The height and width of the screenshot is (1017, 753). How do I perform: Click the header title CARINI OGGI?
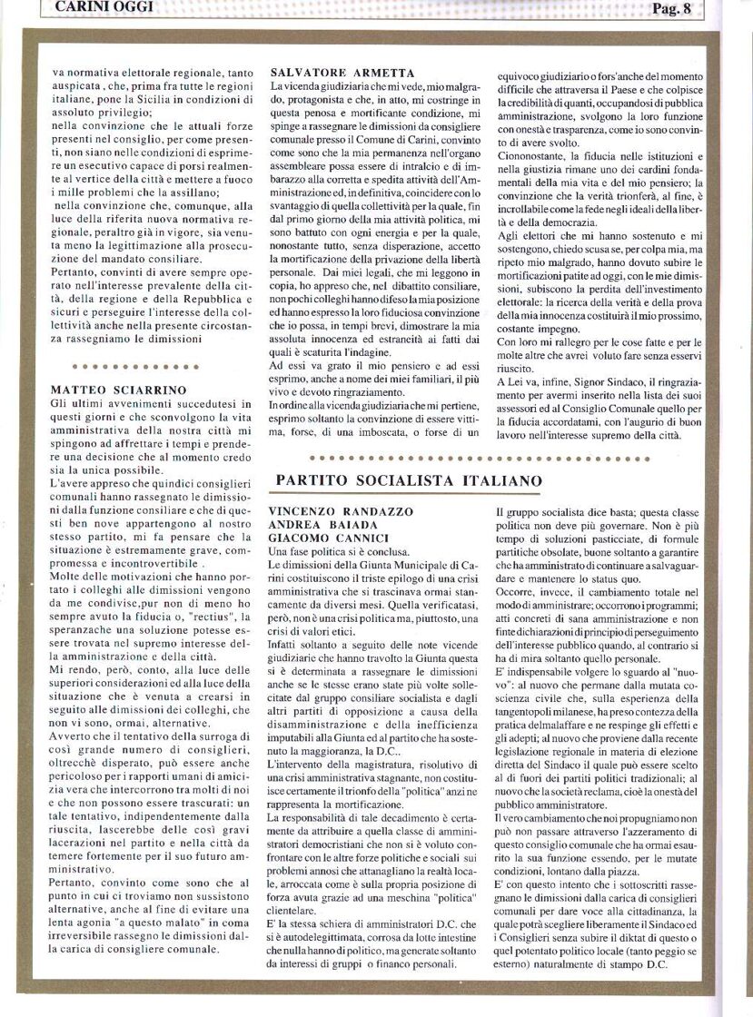click(104, 8)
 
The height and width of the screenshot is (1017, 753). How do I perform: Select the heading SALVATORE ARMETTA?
click(342, 73)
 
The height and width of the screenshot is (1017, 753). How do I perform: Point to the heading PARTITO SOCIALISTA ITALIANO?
click(409, 480)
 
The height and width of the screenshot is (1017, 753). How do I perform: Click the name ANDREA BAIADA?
click(317, 525)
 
